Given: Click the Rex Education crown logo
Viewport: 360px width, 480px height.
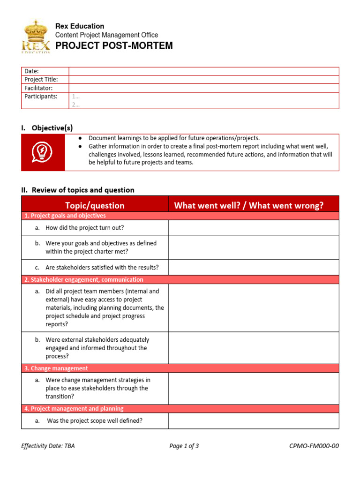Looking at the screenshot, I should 36,36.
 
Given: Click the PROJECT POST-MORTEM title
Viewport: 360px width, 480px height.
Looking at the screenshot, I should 114,45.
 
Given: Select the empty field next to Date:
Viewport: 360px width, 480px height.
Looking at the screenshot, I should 203,71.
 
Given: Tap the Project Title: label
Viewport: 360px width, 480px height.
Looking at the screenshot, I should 41,79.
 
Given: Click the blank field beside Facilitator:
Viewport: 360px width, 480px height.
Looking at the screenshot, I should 203,88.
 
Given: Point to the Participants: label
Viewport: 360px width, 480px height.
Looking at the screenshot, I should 41,96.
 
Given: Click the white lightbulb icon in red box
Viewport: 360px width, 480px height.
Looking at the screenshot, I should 43,152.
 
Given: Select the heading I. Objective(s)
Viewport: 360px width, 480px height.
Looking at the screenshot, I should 47,128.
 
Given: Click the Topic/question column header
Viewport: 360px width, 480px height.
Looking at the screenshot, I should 95,205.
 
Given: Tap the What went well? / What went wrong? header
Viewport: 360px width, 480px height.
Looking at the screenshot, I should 248,205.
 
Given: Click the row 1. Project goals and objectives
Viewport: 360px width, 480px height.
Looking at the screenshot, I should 65,216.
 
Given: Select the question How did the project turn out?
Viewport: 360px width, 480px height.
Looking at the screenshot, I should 84,228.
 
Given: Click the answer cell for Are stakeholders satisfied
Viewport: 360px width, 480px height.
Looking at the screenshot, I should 253,267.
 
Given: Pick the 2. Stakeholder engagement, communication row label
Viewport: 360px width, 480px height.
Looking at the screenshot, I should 84,279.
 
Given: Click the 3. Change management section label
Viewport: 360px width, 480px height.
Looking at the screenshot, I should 56,368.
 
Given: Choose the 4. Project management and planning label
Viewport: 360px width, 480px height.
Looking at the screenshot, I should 74,409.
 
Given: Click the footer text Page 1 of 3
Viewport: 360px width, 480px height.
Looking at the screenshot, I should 184,446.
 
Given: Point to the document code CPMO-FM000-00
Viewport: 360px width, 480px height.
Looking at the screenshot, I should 314,446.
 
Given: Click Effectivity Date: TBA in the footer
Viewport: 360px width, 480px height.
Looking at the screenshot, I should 48,446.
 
